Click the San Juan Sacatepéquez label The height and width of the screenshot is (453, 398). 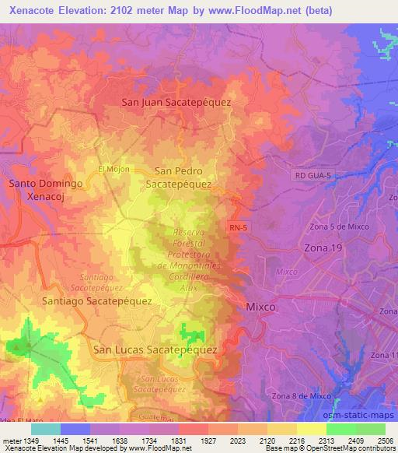pos(176,102)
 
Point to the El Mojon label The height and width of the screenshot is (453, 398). pos(113,169)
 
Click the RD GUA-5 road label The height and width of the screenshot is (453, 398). pos(312,177)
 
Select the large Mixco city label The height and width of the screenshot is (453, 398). pos(260,307)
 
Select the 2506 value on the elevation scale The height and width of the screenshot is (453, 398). pos(384,441)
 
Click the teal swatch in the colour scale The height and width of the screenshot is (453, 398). pos(45,429)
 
